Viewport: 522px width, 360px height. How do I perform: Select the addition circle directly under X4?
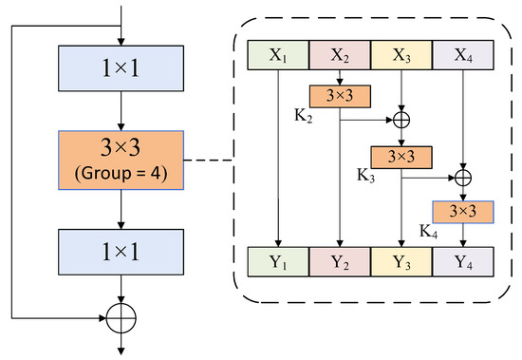click(x=463, y=177)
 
